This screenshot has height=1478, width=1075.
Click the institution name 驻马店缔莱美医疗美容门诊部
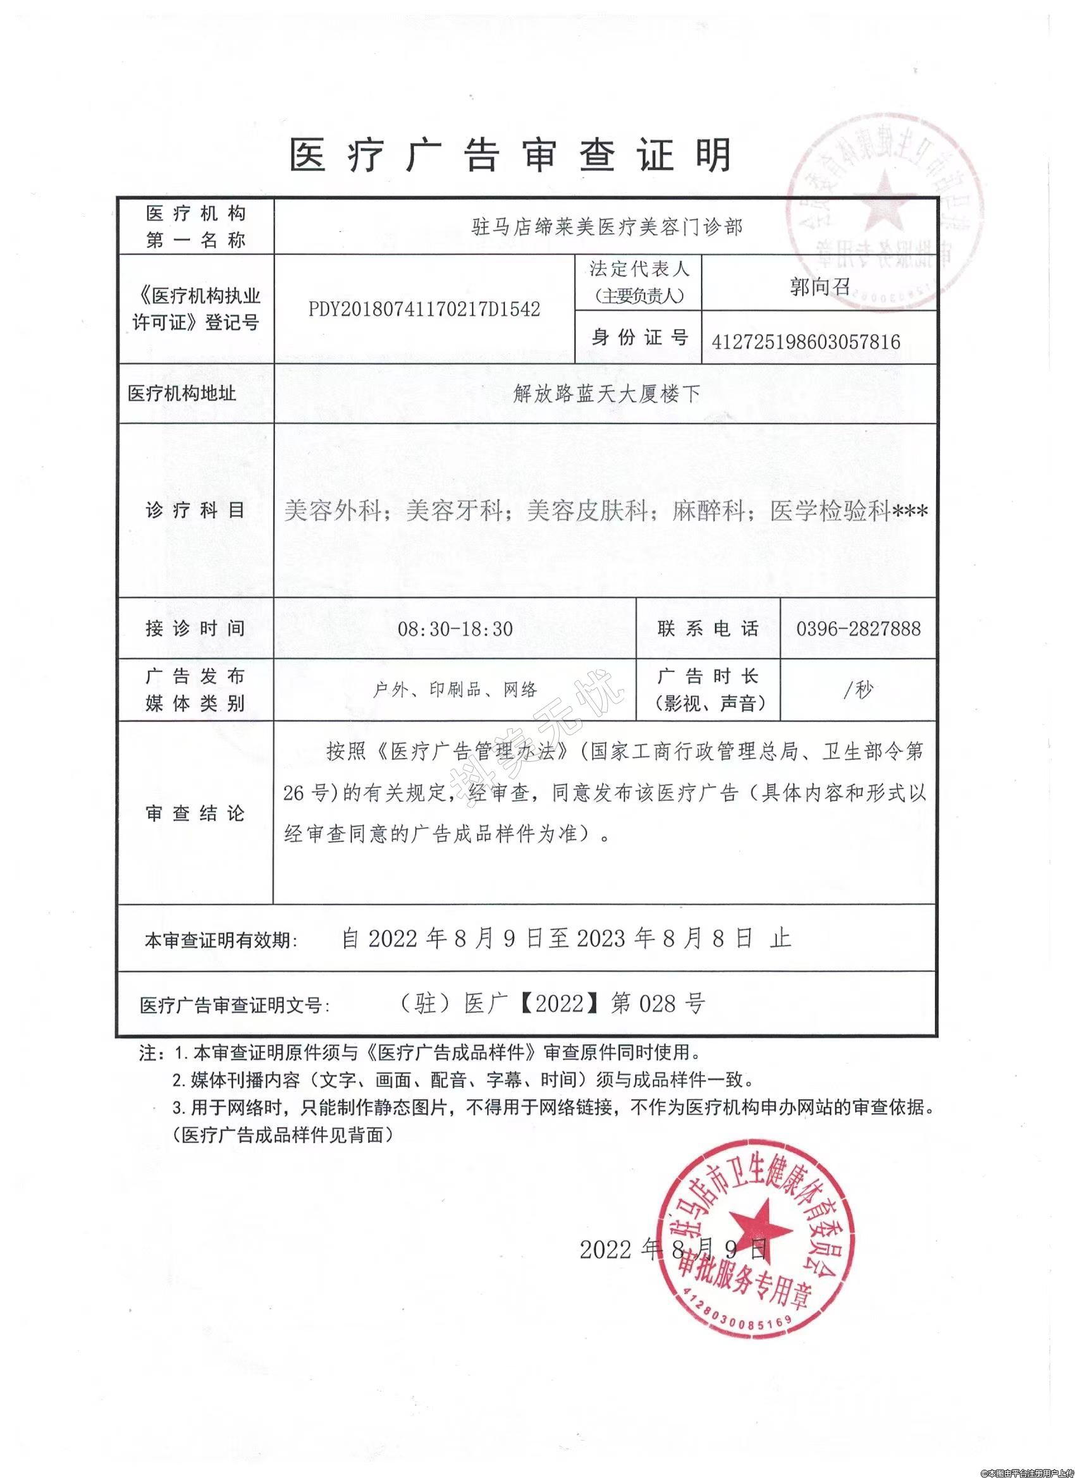606,227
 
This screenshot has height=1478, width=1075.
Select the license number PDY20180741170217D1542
424,309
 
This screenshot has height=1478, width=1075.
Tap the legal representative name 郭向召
820,287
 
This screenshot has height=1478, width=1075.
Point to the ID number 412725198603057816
806,341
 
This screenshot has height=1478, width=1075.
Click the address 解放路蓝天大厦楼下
606,394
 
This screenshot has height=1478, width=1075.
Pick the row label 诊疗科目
195,510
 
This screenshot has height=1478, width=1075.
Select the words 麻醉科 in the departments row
709,511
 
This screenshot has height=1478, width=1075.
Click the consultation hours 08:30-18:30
455,628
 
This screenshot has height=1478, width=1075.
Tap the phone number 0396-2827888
858,628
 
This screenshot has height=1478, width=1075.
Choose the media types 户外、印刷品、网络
455,690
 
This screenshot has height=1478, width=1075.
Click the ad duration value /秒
859,690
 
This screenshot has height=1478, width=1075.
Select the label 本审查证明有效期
220,941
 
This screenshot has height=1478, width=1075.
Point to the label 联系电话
708,628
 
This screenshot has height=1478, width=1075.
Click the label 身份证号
638,337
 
